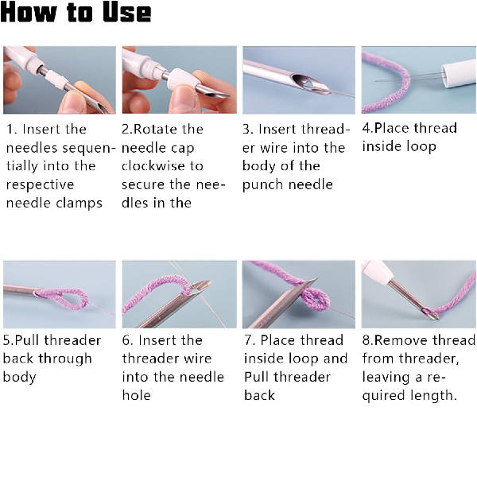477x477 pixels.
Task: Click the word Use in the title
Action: pos(126,12)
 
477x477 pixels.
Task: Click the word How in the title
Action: pos(29,12)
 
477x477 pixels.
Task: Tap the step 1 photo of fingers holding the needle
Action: pos(60,80)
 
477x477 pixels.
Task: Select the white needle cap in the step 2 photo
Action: pos(181,79)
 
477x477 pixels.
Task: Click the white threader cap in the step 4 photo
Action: pos(459,74)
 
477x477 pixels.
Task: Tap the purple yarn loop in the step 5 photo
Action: pos(64,298)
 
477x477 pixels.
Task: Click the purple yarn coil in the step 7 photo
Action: pos(314,299)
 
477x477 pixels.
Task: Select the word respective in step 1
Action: pos(41,185)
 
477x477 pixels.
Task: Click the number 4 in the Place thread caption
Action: pos(366,128)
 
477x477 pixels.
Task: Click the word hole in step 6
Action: pos(136,395)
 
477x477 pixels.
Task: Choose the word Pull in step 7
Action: pos(256,377)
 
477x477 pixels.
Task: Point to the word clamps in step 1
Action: pos(81,204)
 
